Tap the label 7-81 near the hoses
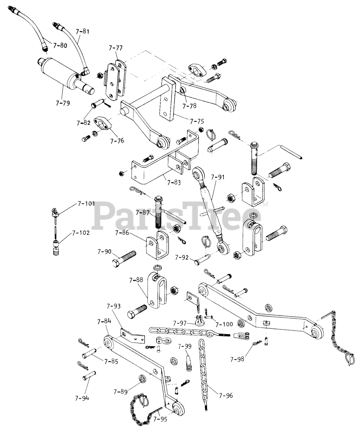coord(83,32)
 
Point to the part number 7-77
coord(115,48)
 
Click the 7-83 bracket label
coord(174,183)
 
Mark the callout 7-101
coord(86,204)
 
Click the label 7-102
coord(80,233)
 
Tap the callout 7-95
coord(160,420)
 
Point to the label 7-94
coord(82,398)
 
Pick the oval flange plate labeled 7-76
coord(103,124)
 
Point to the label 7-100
coord(224,324)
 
